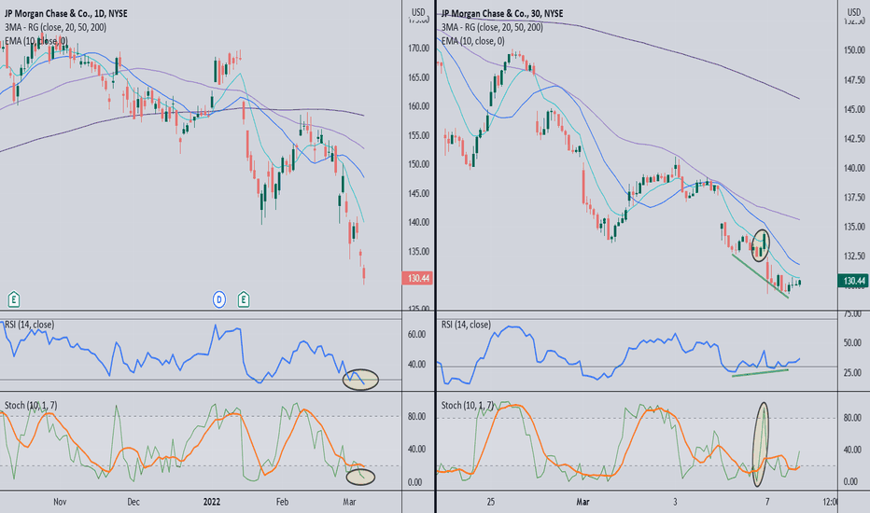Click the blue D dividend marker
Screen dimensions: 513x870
click(x=219, y=298)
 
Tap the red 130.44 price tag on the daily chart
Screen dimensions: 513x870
click(x=415, y=278)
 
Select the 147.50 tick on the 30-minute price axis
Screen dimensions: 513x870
click(x=853, y=80)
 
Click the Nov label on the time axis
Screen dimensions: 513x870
click(x=61, y=501)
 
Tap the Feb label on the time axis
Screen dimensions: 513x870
click(x=282, y=501)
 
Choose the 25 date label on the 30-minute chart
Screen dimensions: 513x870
click(x=491, y=501)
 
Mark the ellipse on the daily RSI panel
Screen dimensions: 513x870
click(x=360, y=380)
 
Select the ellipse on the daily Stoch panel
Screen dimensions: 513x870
click(x=360, y=476)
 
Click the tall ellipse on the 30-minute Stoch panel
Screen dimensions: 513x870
click(x=764, y=443)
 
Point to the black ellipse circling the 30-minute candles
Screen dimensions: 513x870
click(x=761, y=243)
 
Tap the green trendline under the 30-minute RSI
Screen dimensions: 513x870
click(x=760, y=372)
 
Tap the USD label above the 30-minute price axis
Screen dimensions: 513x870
click(x=853, y=12)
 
